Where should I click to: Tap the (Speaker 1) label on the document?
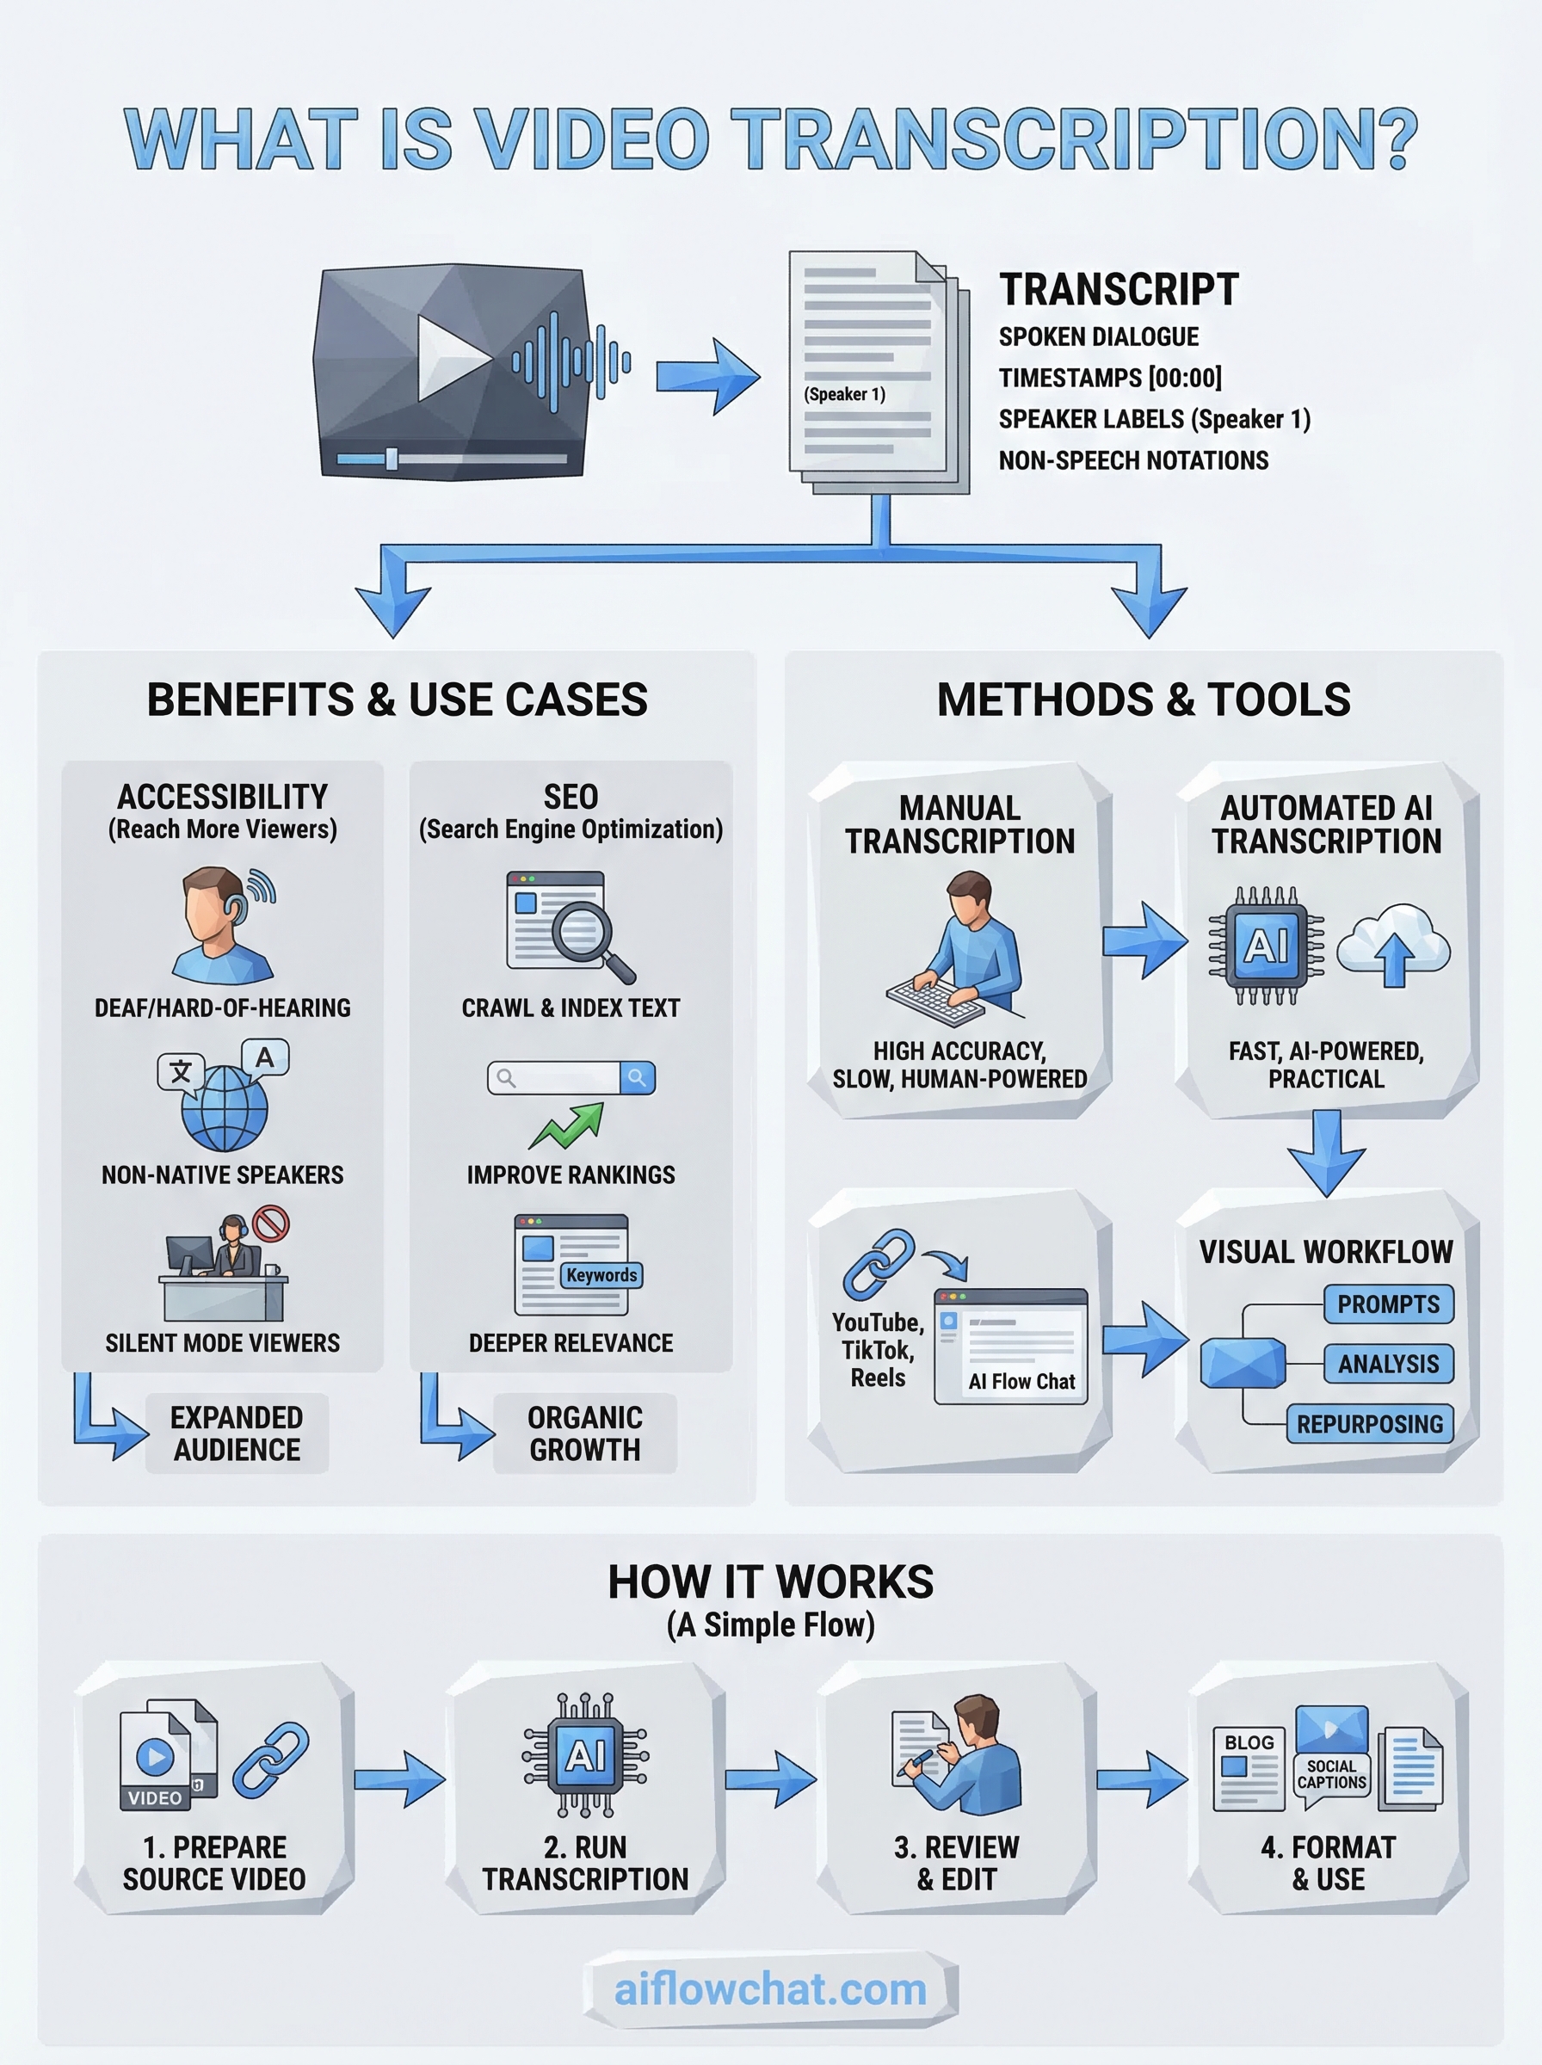(845, 394)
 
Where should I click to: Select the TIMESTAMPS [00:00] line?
(1110, 378)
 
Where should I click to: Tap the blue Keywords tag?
(601, 1274)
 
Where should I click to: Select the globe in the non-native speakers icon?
(225, 1107)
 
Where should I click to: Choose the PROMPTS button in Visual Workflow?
(1388, 1304)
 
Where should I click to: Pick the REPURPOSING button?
(1369, 1424)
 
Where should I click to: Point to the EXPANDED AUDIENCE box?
(237, 1433)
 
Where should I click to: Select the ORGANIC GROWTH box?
(585, 1433)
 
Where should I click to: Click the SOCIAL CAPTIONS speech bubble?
(1331, 1775)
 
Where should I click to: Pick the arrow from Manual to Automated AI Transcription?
(1144, 940)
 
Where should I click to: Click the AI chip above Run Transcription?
(585, 1756)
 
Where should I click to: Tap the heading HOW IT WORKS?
(770, 1582)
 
